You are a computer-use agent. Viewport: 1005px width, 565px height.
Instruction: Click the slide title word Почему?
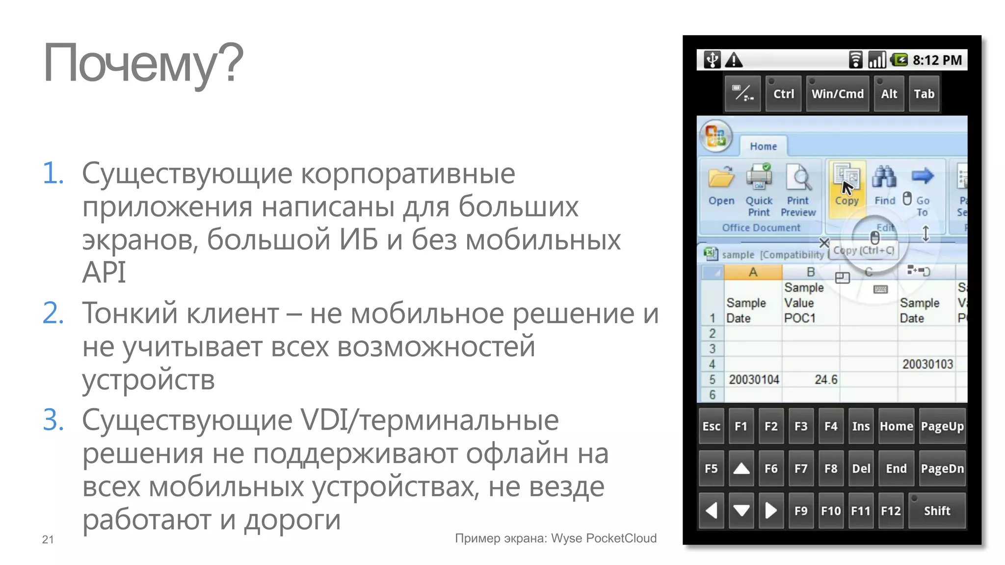coord(143,64)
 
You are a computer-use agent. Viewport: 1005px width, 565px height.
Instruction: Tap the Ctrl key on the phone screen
coord(783,94)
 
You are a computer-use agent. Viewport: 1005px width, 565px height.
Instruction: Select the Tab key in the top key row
coord(924,94)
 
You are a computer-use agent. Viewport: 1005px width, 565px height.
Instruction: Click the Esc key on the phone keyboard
coord(711,426)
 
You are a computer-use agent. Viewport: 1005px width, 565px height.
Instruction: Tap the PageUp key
coord(942,426)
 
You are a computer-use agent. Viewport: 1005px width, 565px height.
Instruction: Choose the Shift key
coord(937,511)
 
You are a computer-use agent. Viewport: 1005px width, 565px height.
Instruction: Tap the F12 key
coord(891,511)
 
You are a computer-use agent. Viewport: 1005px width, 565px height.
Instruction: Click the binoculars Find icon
coord(884,178)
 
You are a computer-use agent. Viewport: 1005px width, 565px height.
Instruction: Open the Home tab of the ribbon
coord(763,146)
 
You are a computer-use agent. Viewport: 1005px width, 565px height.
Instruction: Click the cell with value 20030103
coord(927,364)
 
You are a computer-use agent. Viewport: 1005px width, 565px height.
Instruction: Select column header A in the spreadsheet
coord(753,272)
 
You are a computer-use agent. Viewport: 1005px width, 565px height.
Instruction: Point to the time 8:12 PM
coord(937,60)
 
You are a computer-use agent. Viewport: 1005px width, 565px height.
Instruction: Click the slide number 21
coord(48,539)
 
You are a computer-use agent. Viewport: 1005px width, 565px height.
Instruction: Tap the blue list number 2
coord(53,313)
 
